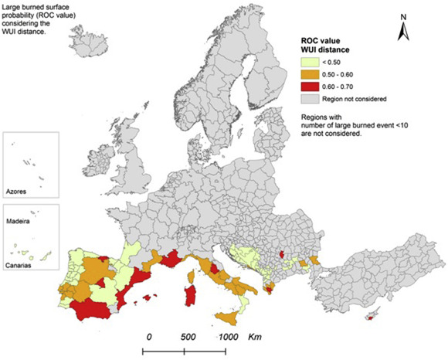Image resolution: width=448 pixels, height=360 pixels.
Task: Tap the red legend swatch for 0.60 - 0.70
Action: coord(309,88)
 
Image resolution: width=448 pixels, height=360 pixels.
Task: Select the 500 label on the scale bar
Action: coord(188,337)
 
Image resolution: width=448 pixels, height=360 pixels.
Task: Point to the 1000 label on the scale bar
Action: coord(226,337)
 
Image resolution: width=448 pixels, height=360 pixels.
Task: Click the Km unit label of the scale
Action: coord(255,337)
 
